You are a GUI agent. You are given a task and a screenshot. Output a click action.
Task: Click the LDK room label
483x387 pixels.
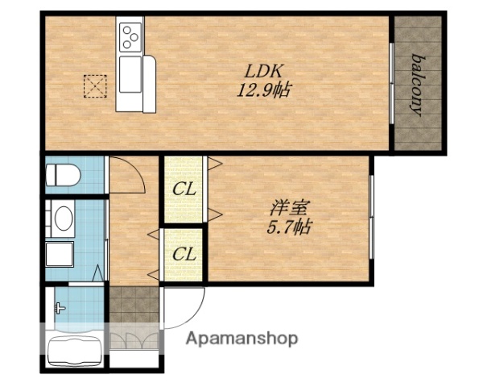pyautogui.click(x=263, y=71)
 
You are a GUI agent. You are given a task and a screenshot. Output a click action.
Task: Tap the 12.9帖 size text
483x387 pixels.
pyautogui.click(x=264, y=90)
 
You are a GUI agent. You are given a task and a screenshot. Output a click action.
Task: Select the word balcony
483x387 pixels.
pyautogui.click(x=417, y=85)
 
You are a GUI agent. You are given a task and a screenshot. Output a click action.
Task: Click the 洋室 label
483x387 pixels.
pyautogui.click(x=289, y=207)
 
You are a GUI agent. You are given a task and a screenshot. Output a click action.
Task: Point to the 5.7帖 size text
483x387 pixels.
pyautogui.click(x=289, y=227)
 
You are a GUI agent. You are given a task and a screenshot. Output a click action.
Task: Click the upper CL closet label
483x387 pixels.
pyautogui.click(x=184, y=189)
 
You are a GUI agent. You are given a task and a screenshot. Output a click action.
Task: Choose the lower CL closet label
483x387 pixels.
pyautogui.click(x=184, y=254)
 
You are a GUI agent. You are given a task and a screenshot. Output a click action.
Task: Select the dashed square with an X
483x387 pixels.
pyautogui.click(x=95, y=86)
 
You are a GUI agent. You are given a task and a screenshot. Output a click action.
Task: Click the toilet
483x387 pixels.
pyautogui.click(x=63, y=175)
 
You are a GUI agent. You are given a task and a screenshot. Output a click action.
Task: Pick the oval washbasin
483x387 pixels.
pyautogui.click(x=64, y=218)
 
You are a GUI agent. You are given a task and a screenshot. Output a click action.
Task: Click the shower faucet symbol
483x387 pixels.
pyautogui.click(x=60, y=307)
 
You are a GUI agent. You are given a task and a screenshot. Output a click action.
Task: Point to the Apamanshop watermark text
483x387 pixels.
pyautogui.click(x=242, y=339)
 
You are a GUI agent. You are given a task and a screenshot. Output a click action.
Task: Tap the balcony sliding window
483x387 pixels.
pyautogui.click(x=391, y=83)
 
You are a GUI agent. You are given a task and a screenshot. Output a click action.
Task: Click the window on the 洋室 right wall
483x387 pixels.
pyautogui.click(x=371, y=217)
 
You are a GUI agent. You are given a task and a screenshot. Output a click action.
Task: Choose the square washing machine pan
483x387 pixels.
pyautogui.click(x=60, y=254)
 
